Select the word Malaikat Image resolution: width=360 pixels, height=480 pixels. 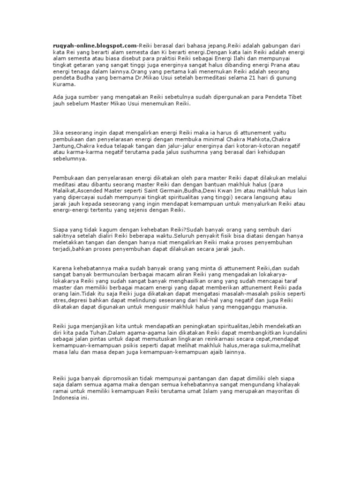coord(64,191)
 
